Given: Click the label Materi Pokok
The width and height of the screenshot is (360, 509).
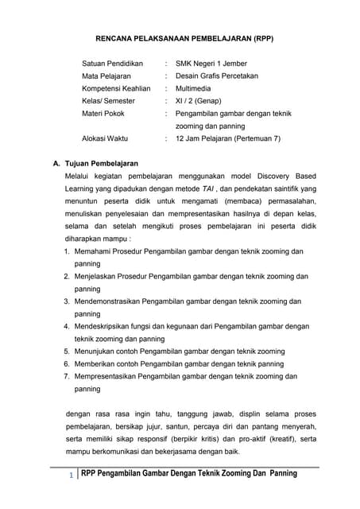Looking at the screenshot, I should [x=103, y=114].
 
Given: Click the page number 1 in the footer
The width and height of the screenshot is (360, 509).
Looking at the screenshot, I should [x=72, y=476].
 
